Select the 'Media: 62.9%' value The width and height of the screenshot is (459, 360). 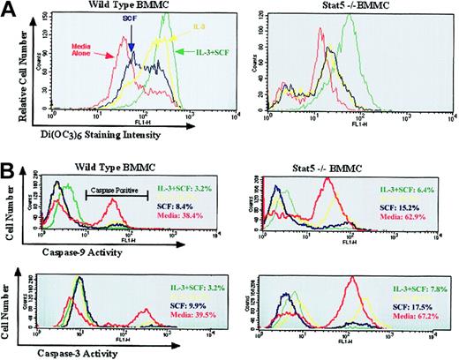(424, 213)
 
